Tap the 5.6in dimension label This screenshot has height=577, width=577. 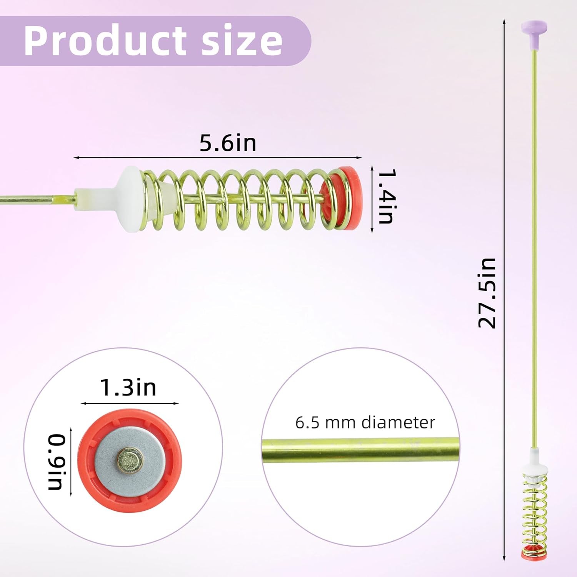pyautogui.click(x=228, y=143)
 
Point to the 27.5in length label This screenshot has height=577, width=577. pyautogui.click(x=487, y=293)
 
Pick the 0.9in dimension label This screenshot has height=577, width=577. pyautogui.click(x=56, y=462)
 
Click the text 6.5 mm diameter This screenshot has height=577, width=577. pyautogui.click(x=365, y=422)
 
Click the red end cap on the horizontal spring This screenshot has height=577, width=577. pyautogui.click(x=342, y=198)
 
